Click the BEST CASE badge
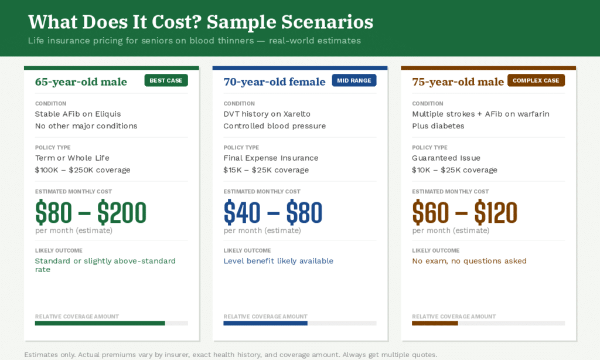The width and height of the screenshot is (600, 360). [x=166, y=80]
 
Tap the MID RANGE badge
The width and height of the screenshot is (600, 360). [x=354, y=80]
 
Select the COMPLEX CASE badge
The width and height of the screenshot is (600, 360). [x=536, y=80]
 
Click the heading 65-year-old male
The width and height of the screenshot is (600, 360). [x=81, y=81]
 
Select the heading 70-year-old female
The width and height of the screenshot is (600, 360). [x=274, y=81]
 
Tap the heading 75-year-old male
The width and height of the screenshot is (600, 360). [x=458, y=81]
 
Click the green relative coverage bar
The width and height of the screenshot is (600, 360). [x=100, y=323]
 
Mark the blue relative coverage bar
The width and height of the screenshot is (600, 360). [x=265, y=323]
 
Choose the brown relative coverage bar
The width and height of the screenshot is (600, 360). [x=435, y=323]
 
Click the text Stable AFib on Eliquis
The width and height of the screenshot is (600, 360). [x=78, y=114]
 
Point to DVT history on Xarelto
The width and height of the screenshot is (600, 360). [x=267, y=114]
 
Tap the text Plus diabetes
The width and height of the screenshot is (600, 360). [x=438, y=125]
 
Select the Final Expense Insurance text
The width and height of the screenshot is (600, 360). [x=271, y=158]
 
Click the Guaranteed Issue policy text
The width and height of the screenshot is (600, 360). [x=446, y=158]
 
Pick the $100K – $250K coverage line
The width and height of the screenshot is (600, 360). [x=83, y=170]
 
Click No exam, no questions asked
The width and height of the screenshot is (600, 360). [x=469, y=261]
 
